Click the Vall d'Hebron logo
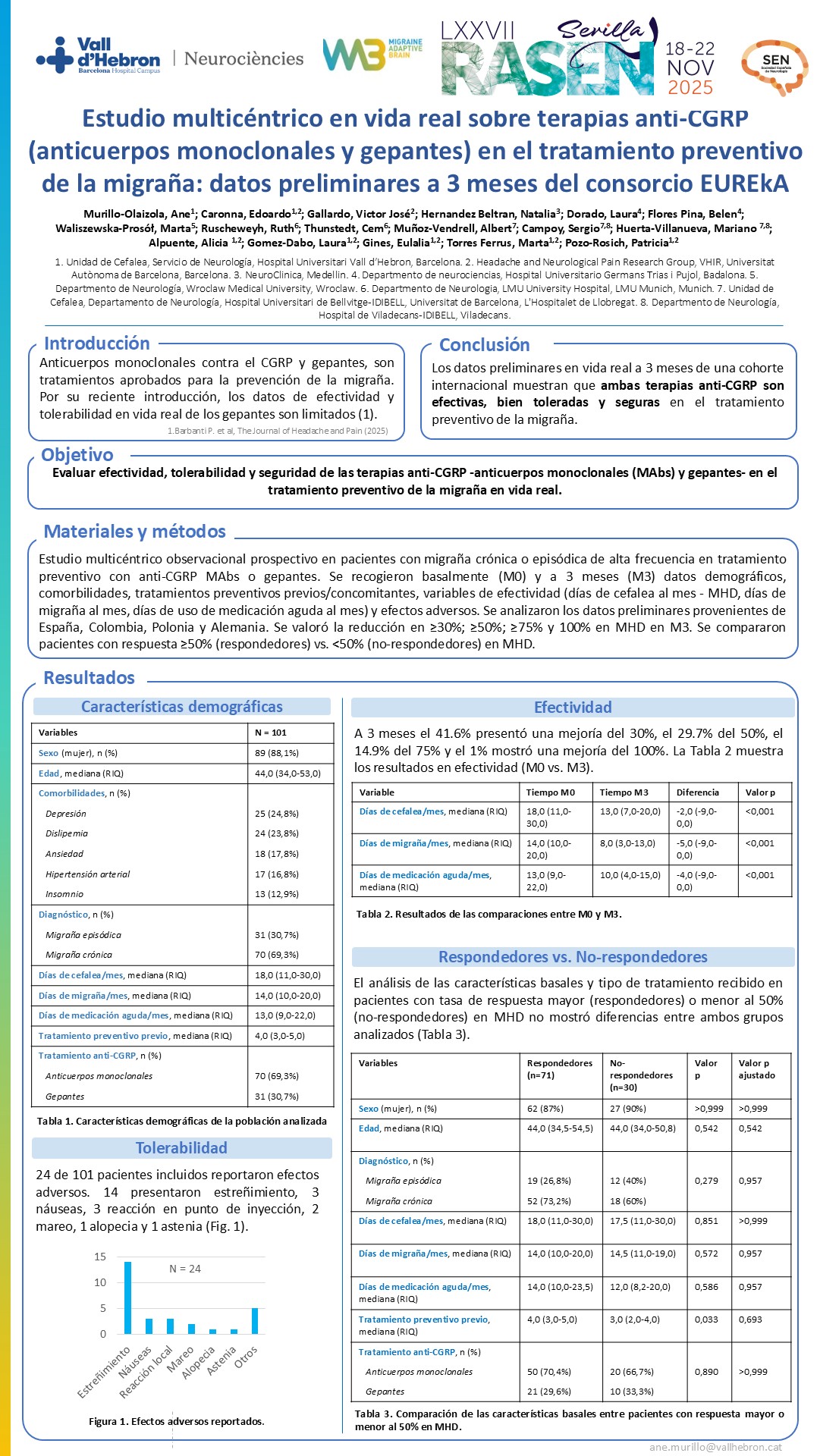(x=99, y=57)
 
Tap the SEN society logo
(x=774, y=67)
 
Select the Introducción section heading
(x=96, y=344)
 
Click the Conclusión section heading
(x=484, y=345)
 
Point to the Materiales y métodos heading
(x=134, y=532)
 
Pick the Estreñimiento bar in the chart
(x=127, y=1298)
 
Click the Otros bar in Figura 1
(x=255, y=1320)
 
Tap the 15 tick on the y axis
(x=100, y=1257)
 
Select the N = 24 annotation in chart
(x=185, y=1269)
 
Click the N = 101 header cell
(x=271, y=733)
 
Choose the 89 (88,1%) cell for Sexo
(x=277, y=753)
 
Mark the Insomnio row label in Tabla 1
(x=64, y=894)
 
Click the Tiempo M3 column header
(x=624, y=792)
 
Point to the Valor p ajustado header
(x=757, y=1069)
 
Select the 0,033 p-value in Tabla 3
(x=706, y=1319)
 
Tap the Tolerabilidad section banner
(x=181, y=1148)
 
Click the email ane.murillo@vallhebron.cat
(x=715, y=1447)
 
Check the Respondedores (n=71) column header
(x=560, y=1069)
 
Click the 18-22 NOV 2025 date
(x=690, y=68)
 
